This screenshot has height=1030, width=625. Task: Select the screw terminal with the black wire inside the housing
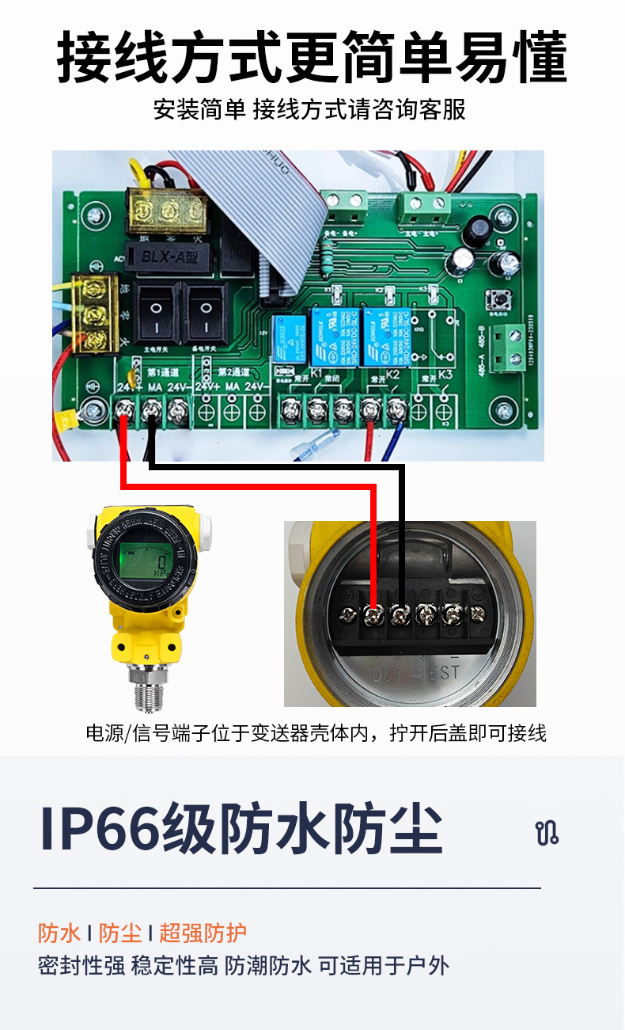[x=400, y=613]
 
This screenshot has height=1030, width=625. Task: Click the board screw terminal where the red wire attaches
[x=125, y=410]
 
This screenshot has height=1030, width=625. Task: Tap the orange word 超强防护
[x=203, y=933]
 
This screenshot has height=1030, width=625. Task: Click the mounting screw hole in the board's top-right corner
[x=502, y=215]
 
